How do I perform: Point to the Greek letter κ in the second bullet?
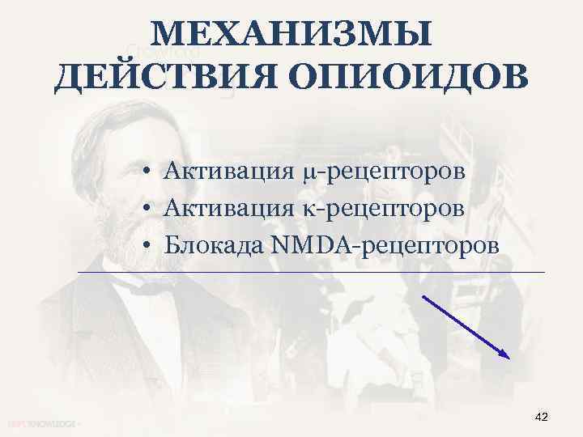307,209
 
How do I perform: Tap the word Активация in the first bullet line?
228,172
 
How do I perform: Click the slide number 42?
542,416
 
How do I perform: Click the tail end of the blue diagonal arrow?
423,295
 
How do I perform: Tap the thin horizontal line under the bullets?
311,273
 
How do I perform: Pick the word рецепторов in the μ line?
394,173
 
